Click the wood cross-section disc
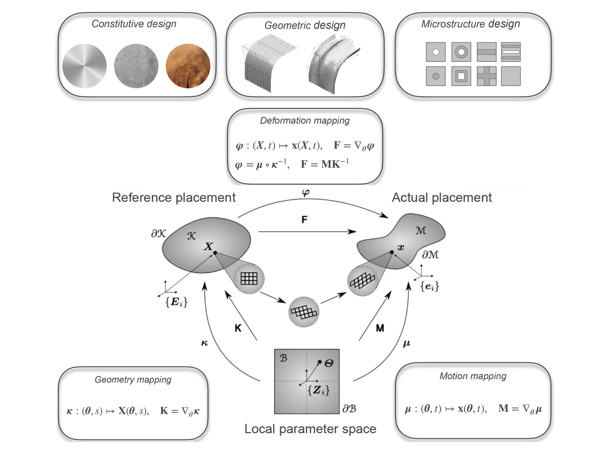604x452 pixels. tap(188, 66)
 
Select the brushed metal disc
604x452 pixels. tap(84, 66)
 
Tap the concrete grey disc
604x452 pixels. tap(136, 66)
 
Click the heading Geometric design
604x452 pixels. tap(305, 25)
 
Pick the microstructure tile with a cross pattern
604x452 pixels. tap(486, 76)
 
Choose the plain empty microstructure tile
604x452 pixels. tap(511, 76)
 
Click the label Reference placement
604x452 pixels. tap(174, 197)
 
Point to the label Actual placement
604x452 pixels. tap(442, 197)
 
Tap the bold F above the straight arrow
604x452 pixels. tap(304, 220)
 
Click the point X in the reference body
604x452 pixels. tap(215, 253)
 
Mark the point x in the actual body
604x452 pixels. tap(392, 252)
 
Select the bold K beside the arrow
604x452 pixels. tap(238, 328)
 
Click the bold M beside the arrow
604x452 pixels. tap(380, 328)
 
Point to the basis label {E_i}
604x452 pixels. tap(176, 302)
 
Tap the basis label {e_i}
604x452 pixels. tap(429, 286)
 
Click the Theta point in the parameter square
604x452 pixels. tap(320, 362)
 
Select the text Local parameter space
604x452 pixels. tap(310, 429)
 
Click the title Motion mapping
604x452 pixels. tap(473, 376)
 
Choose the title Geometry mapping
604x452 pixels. tap(133, 379)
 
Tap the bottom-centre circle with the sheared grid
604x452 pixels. tap(304, 312)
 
